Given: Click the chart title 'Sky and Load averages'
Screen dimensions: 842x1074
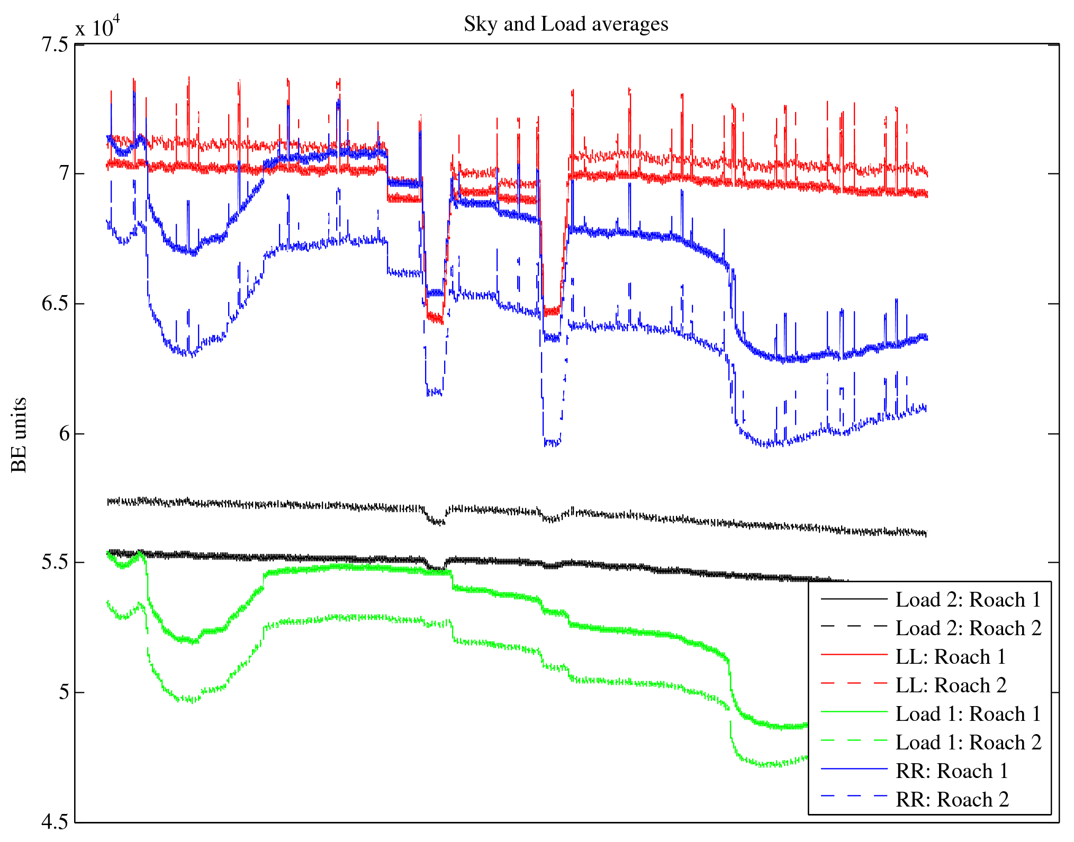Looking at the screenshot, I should click(x=566, y=24).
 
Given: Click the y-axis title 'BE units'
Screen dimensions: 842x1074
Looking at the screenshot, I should click(x=19, y=435).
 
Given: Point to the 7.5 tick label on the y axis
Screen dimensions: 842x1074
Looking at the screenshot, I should click(x=55, y=44).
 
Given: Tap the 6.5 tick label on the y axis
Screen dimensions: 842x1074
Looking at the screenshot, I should click(x=55, y=304).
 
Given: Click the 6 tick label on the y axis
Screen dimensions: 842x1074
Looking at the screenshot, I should click(x=64, y=434).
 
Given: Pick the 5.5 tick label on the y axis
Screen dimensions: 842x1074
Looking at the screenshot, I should click(x=55, y=562).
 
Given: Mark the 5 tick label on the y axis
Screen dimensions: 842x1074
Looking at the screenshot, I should click(x=64, y=692).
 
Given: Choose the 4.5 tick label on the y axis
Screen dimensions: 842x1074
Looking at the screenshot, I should click(x=55, y=822).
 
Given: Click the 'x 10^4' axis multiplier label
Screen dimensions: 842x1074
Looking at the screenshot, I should click(x=97, y=26).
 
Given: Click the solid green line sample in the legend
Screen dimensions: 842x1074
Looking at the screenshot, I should click(x=854, y=712).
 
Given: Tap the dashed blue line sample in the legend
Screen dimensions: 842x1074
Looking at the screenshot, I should click(x=854, y=796).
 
